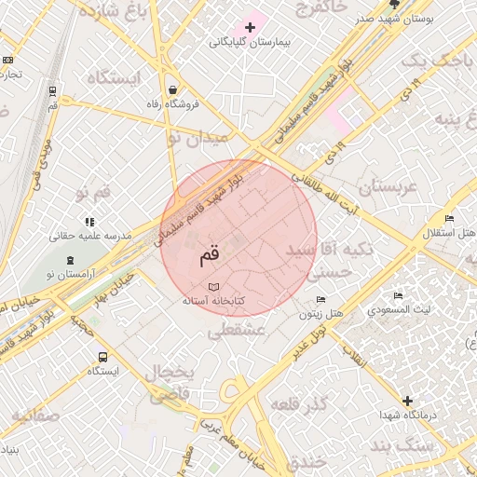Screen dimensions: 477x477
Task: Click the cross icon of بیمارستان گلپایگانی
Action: pos(250,27)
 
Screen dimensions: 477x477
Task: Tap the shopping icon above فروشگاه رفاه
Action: pos(174,90)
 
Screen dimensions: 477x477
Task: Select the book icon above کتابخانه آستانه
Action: pos(214,286)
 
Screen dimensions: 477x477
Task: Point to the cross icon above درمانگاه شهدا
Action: pos(407,401)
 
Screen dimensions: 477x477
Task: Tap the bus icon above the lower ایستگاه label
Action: pos(102,356)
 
